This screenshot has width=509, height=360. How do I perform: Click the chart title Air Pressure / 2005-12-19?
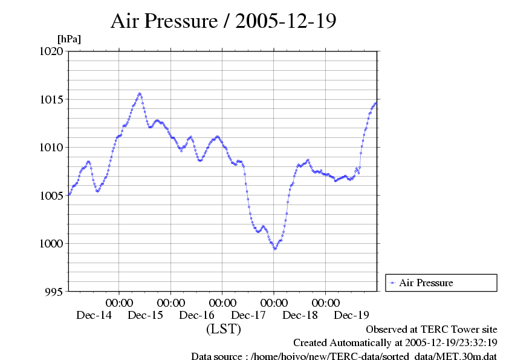224,21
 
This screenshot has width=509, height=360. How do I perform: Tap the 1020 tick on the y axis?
51,51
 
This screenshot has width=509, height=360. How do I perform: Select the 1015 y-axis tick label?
51,99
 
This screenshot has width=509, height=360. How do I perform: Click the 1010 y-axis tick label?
51,148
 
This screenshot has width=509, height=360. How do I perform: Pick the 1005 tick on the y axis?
51,195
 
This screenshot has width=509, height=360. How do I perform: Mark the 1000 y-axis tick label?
51,244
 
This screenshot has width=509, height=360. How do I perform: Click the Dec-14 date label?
94,315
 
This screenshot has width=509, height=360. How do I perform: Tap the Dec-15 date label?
145,315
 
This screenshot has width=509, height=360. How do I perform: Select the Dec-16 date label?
196,315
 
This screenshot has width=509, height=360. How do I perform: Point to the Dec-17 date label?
248,315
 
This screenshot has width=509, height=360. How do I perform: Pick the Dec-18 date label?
300,315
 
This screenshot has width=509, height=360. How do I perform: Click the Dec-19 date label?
351,315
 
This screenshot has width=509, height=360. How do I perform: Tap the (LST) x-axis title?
223,330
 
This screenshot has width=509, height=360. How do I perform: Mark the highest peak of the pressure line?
140,94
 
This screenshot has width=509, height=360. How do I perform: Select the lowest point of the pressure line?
275,249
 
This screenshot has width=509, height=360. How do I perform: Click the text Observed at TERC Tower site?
432,330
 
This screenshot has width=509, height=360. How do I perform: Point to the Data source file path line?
343,356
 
